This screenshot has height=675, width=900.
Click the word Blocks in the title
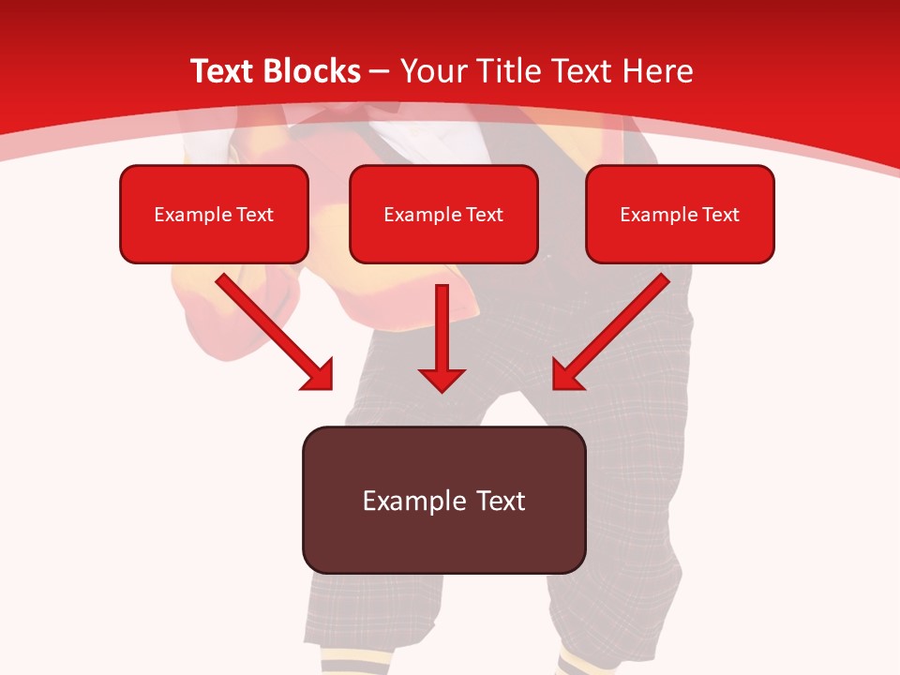[314, 71]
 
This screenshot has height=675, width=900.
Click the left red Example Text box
[214, 214]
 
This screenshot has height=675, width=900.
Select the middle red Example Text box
[443, 214]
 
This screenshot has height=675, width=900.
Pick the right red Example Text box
[680, 214]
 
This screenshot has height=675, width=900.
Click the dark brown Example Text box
[443, 500]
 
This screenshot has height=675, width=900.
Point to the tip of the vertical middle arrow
[442, 390]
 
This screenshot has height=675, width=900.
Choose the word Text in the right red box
[720, 215]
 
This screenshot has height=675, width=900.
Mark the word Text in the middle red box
[484, 215]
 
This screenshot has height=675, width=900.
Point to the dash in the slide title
[380, 72]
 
